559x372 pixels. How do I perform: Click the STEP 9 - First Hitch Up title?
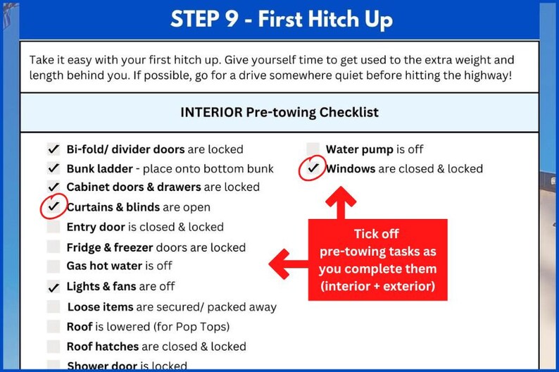coord(281,19)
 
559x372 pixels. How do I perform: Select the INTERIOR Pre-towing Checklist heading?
coord(279,112)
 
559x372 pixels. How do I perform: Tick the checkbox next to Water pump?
coord(313,149)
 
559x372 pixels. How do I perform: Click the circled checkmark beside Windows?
coord(313,169)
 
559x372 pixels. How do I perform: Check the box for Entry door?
coord(54,227)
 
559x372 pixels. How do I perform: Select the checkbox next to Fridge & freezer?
coord(54,247)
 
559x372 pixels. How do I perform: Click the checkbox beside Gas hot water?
coord(54,266)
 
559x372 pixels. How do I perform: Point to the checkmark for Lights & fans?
coord(54,287)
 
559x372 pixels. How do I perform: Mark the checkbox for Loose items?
coord(54,307)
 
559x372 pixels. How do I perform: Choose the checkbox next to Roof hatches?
coord(54,347)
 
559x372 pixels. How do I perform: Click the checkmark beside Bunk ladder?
coord(54,168)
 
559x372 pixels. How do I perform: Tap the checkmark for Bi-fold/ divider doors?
coord(54,149)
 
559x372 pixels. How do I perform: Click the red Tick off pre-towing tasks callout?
coord(377,260)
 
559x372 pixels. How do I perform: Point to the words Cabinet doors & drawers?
coord(133,187)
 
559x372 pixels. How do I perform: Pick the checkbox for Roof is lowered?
coord(54,327)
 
